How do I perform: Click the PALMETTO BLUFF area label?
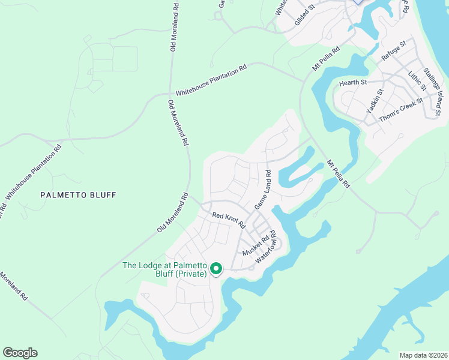tap(78, 194)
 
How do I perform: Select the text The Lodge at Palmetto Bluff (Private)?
tap(164, 269)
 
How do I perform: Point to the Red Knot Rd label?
tap(229, 220)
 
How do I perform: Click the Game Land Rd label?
tap(263, 190)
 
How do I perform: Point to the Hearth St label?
tap(352, 82)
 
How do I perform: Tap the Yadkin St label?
tap(375, 101)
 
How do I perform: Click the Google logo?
tap(20, 353)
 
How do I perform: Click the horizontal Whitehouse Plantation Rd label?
tap(211, 80)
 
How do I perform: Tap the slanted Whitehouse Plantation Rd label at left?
tap(34, 171)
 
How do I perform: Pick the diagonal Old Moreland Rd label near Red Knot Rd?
tap(173, 213)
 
